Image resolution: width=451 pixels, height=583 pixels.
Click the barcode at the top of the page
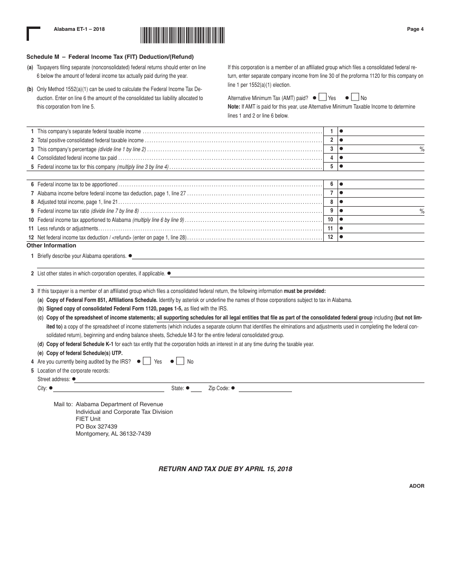click(x=182, y=36)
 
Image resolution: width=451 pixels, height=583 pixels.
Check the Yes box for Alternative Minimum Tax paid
click(x=322, y=97)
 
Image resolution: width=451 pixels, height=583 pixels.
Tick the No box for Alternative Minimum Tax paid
click(x=355, y=97)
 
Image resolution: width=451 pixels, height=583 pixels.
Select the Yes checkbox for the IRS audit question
click(x=147, y=361)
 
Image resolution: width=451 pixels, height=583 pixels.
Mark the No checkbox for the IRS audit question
click(x=180, y=361)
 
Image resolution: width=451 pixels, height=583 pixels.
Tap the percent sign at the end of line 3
click(x=422, y=149)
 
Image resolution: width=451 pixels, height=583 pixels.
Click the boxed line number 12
click(x=330, y=237)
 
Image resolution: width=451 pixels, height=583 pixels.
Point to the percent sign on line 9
click(x=422, y=211)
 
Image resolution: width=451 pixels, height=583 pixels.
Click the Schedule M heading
click(x=110, y=57)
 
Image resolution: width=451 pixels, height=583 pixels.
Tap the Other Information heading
click(x=51, y=246)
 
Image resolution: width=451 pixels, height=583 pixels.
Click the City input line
click(x=109, y=389)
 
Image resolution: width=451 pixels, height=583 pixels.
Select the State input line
click(x=197, y=389)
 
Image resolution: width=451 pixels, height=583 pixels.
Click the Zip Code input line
click(x=265, y=389)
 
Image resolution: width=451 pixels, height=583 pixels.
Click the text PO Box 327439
click(x=96, y=426)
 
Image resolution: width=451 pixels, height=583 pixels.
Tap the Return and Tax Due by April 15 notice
click(x=225, y=469)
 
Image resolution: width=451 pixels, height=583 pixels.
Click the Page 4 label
click(x=415, y=29)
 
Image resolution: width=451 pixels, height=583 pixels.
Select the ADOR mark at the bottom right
click(x=417, y=486)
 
